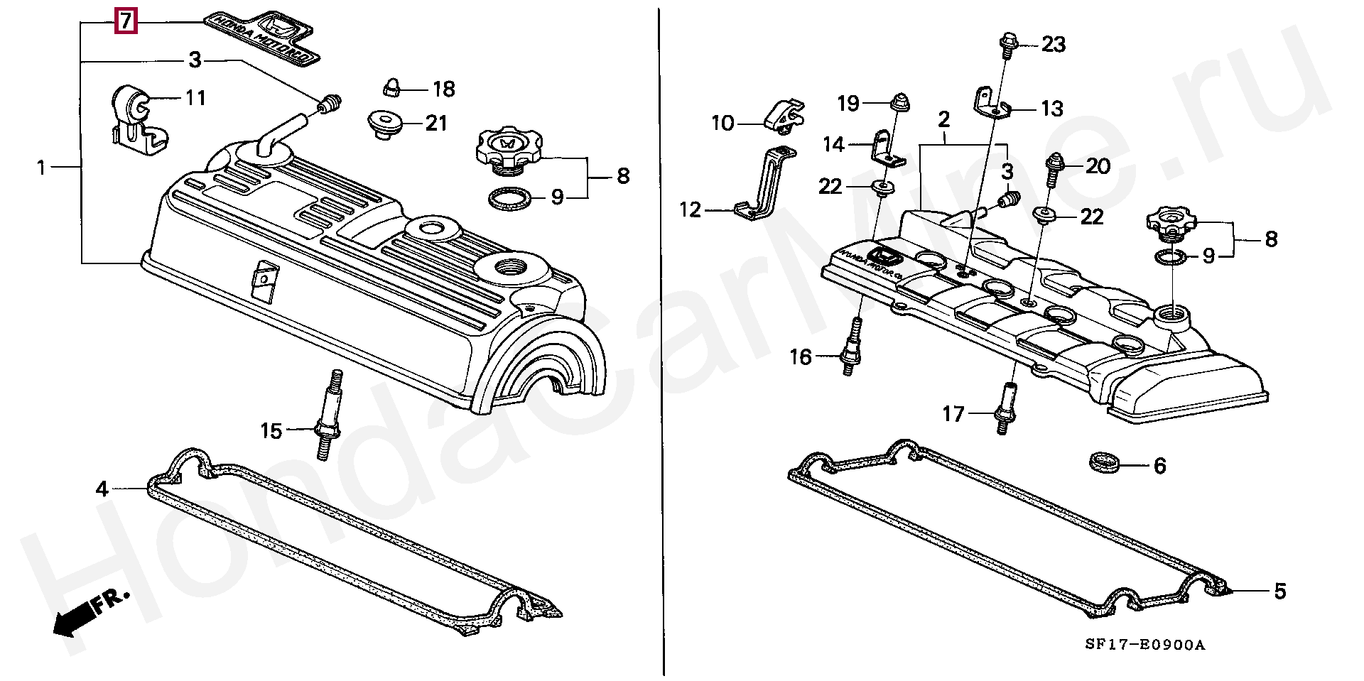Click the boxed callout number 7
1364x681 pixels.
tap(125, 22)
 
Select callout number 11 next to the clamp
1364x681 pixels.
tap(195, 97)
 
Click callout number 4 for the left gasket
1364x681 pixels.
tap(102, 489)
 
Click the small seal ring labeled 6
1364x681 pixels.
tap(1104, 463)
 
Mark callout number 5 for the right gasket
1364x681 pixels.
tap(1279, 591)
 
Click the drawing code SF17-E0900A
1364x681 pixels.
tap(1145, 645)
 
